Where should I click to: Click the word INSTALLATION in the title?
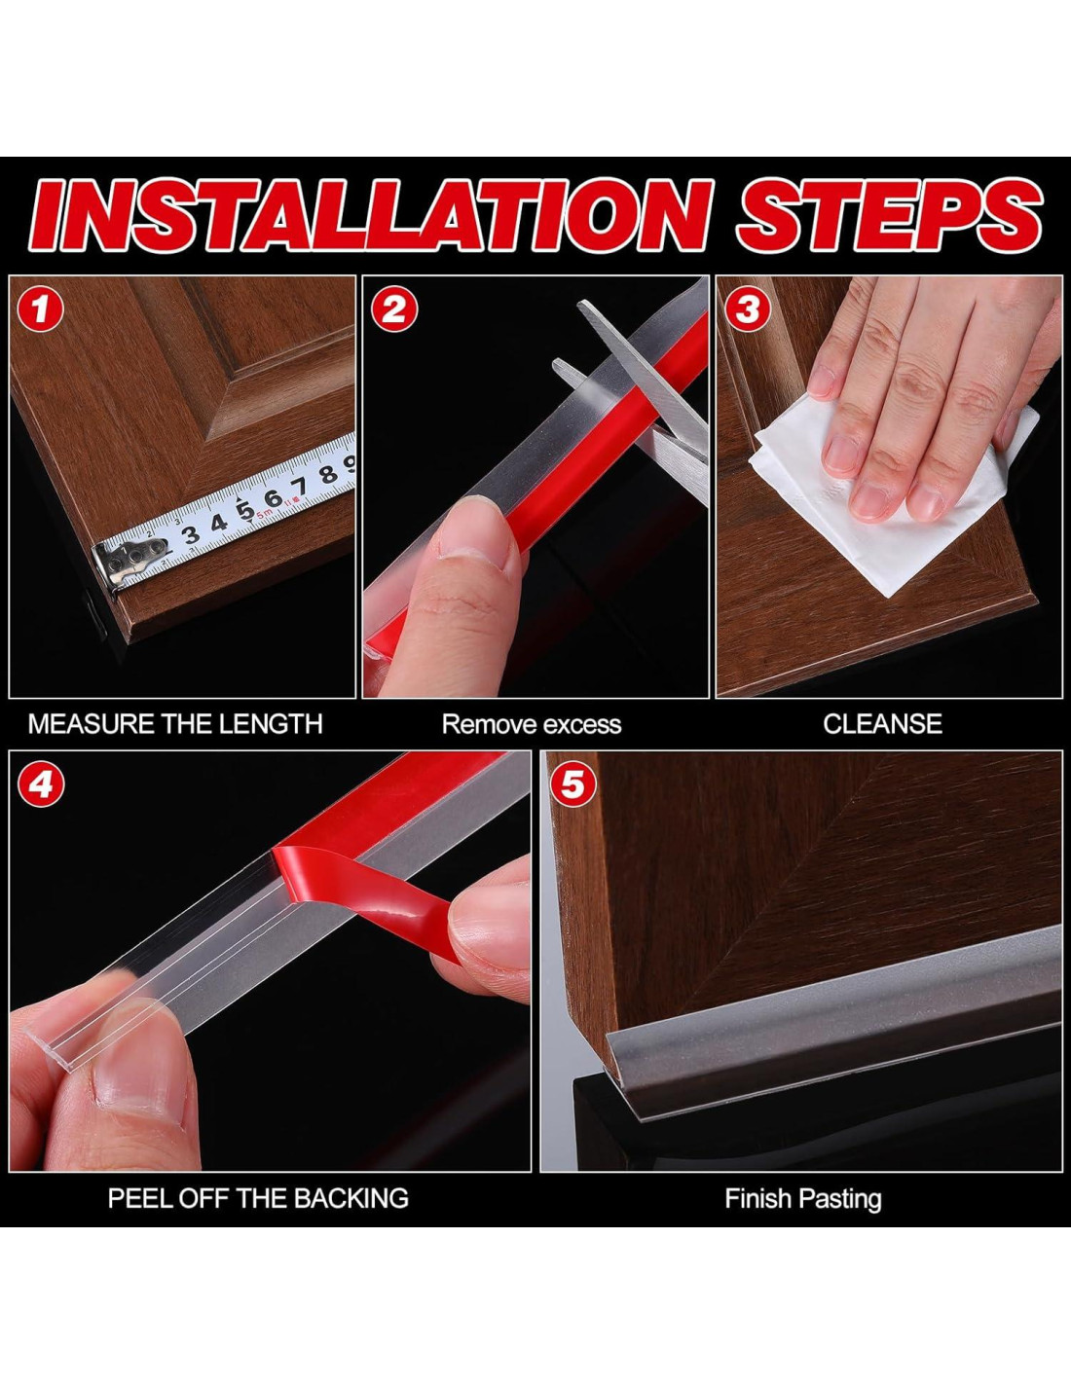371,215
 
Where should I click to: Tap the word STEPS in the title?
889,215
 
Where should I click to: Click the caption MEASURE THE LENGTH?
175,725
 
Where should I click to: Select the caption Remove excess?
532,725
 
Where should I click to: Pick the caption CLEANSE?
882,725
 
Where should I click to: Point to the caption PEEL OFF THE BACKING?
258,1199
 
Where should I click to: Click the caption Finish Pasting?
803,1199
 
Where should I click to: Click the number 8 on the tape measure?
328,475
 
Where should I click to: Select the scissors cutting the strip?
644,395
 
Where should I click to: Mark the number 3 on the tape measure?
190,535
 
